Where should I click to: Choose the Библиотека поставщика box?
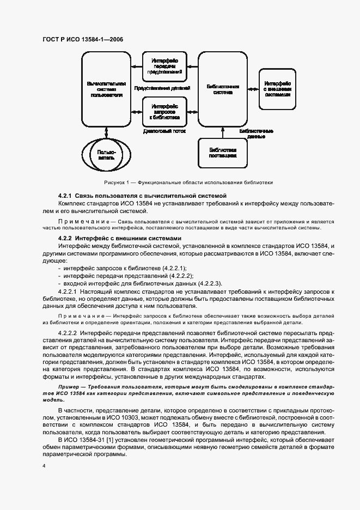click(x=223, y=152)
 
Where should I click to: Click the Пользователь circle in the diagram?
click(x=106, y=154)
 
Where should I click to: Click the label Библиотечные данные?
click(x=257, y=135)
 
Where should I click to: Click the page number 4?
click(x=44, y=466)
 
